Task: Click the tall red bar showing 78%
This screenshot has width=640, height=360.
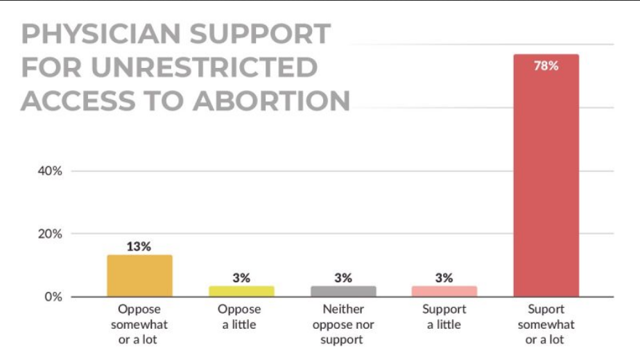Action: [x=546, y=180]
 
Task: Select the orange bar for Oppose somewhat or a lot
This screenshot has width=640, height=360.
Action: [x=139, y=276]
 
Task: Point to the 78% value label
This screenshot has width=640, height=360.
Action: [x=546, y=67]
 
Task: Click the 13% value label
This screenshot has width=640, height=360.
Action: [x=139, y=246]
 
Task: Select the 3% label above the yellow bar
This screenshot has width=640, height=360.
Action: [x=241, y=277]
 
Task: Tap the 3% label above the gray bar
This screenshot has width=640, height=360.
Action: [x=343, y=277]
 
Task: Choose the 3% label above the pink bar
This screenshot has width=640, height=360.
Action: [x=444, y=277]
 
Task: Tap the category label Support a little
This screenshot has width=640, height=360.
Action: [x=444, y=316]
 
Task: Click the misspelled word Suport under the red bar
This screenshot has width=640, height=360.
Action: [x=546, y=309]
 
